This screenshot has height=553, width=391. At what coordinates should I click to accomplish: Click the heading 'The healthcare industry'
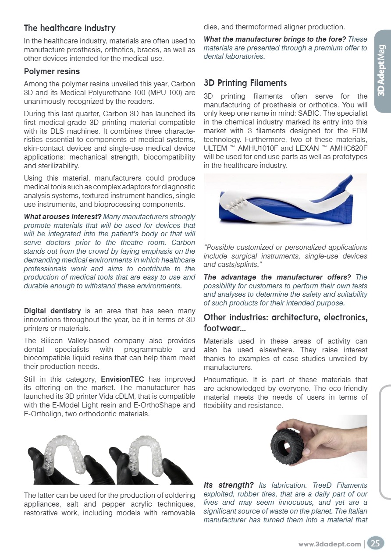pos(69,28)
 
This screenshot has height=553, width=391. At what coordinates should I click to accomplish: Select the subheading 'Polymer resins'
pos(52,71)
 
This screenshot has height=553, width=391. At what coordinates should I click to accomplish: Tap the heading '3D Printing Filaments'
pos(245,83)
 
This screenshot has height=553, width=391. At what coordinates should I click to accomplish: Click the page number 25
pos(375,543)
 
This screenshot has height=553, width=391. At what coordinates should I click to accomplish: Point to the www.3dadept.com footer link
pos(330,544)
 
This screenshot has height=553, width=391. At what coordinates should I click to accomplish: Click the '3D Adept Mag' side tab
pos(381,70)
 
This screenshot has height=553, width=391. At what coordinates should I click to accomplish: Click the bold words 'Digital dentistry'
pos(52,311)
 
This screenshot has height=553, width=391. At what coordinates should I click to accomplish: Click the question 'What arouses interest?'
pos(62,216)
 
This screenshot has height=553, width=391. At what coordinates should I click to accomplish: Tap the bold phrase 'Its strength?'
pos(228,485)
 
